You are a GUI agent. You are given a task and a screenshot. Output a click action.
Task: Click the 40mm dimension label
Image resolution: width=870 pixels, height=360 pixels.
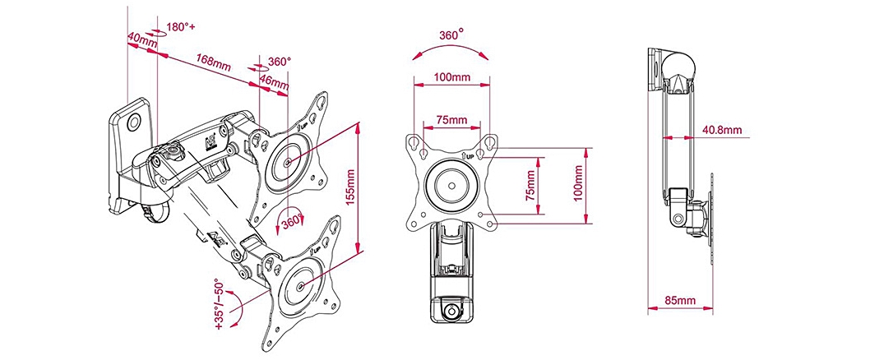click(x=142, y=39)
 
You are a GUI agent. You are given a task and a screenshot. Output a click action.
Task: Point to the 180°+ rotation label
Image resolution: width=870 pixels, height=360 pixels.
click(x=179, y=27)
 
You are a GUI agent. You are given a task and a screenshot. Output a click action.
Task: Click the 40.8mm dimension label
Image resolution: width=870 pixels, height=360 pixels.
click(x=722, y=130)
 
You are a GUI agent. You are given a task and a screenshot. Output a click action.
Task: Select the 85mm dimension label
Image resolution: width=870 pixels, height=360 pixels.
click(x=679, y=301)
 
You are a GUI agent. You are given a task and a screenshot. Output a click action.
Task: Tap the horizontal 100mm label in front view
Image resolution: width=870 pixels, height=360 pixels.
click(x=451, y=77)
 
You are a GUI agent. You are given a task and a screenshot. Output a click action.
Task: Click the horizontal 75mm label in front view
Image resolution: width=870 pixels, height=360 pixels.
click(x=451, y=120)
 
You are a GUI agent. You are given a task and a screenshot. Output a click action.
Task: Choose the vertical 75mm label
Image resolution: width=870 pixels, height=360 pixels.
click(x=532, y=185)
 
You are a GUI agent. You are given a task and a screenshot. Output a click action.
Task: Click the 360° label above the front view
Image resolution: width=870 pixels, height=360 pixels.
click(x=451, y=35)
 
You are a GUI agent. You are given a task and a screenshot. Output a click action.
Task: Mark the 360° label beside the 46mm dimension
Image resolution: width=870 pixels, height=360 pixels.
click(x=280, y=62)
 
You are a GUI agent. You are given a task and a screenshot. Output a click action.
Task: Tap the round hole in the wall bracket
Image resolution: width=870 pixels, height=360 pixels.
click(x=136, y=122)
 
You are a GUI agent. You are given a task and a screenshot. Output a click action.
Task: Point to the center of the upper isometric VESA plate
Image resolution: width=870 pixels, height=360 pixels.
click(x=286, y=162)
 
